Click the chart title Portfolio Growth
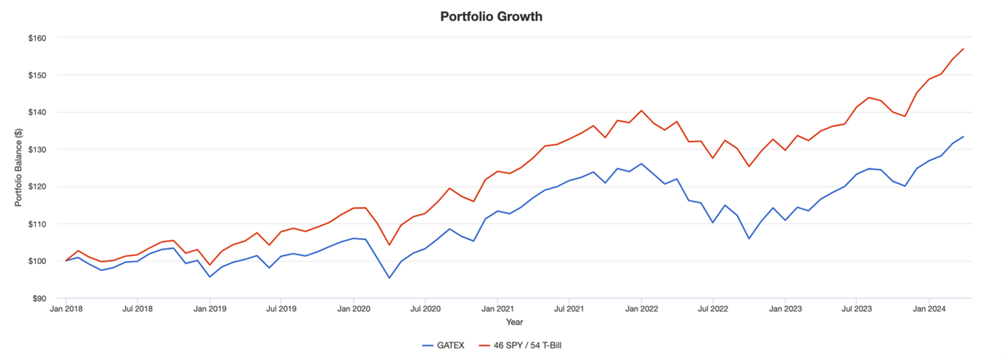pos(491,16)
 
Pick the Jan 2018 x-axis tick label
pos(66,309)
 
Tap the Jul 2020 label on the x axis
pos(425,309)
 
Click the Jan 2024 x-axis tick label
pos(929,309)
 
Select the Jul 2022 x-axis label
pos(713,309)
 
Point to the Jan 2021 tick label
pos(497,309)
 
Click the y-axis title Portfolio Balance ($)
pos(19,168)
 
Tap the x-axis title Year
pos(515,322)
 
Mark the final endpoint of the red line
pos(964,48)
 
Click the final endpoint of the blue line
pos(964,136)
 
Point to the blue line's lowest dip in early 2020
pos(389,278)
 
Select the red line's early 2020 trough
pos(389,245)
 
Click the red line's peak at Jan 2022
pos(641,110)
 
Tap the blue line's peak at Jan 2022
pos(641,164)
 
